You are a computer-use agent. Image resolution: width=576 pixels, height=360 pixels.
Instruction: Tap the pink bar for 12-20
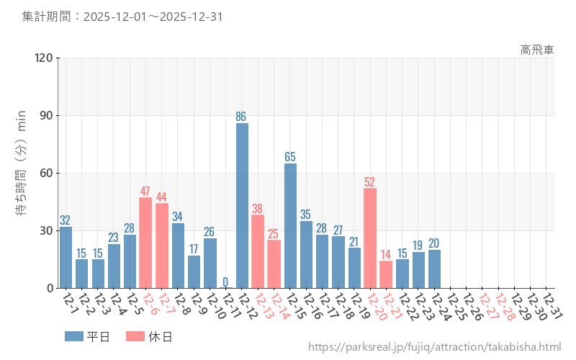[370, 238]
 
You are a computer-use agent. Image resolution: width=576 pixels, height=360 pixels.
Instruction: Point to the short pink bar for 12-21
[386, 274]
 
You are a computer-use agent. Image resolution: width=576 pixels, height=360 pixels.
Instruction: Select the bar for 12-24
[434, 269]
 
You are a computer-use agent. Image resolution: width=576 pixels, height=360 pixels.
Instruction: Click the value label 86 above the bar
[242, 116]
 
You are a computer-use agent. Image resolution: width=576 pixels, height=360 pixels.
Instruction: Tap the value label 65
[290, 156]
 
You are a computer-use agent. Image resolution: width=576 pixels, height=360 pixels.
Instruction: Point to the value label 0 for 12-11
[225, 282]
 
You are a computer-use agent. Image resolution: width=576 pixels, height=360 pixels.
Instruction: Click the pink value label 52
[370, 181]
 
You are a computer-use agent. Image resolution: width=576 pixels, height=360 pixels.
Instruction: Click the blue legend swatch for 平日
[74, 336]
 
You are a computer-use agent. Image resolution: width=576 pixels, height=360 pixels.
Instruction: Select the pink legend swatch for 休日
[135, 336]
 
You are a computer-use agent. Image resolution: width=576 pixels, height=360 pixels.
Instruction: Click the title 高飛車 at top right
[537, 50]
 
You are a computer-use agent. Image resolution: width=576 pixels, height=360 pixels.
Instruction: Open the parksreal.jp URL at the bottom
[434, 347]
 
